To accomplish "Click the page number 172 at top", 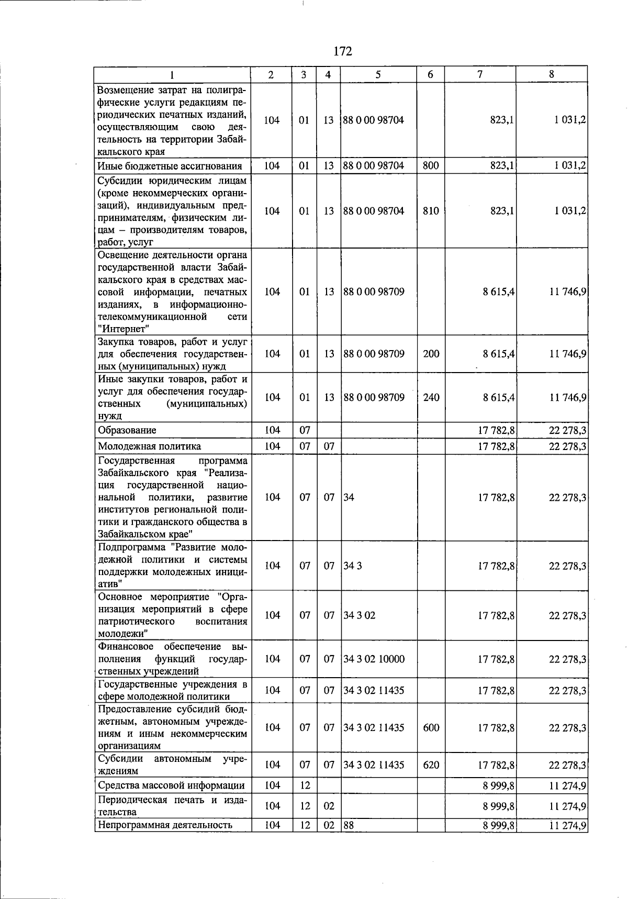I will [343, 51].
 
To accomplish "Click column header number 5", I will [378, 74].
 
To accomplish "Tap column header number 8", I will [551, 74].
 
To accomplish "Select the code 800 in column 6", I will [431, 166].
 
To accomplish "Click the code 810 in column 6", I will [431, 211].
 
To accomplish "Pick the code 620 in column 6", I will [431, 765].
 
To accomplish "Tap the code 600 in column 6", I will [431, 727].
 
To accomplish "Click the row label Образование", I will [127, 430].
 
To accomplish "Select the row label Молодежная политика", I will [149, 446].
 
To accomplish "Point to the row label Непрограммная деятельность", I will [165, 825].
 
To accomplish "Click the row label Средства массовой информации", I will [171, 785].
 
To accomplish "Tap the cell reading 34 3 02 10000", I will [374, 659].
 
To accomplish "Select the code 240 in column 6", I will [431, 397].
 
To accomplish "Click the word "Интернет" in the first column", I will [124, 329].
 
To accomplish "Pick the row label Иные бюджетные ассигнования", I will [170, 166].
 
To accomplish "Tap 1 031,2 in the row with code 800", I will [570, 166].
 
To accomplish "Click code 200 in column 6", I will [431, 354].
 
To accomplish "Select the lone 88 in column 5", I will [349, 825].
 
